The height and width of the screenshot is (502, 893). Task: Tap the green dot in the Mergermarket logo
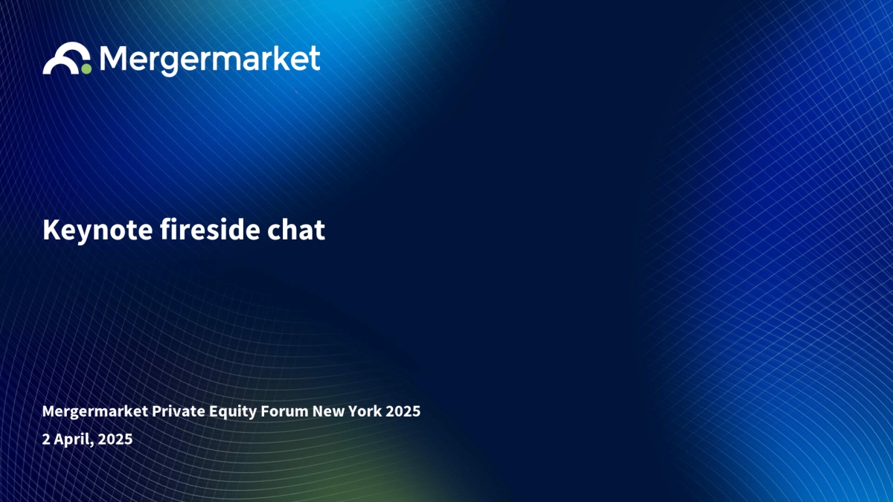tap(86, 69)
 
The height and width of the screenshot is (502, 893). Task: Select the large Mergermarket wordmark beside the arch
tap(210, 60)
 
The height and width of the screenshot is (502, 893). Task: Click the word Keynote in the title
tap(97, 231)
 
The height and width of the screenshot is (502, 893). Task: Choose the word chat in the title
tap(296, 230)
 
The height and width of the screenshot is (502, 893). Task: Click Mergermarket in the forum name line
tap(95, 411)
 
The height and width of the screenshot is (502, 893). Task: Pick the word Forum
tap(284, 411)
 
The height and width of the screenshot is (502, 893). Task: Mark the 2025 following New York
tap(403, 411)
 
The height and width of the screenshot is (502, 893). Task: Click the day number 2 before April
tap(46, 439)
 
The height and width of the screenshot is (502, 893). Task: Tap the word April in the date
tap(74, 440)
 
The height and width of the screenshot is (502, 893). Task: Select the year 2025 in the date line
tap(115, 439)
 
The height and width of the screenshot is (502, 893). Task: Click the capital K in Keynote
tap(51, 230)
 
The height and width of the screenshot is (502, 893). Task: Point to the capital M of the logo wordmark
tap(112, 58)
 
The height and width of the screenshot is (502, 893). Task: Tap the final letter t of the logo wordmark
tap(315, 59)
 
